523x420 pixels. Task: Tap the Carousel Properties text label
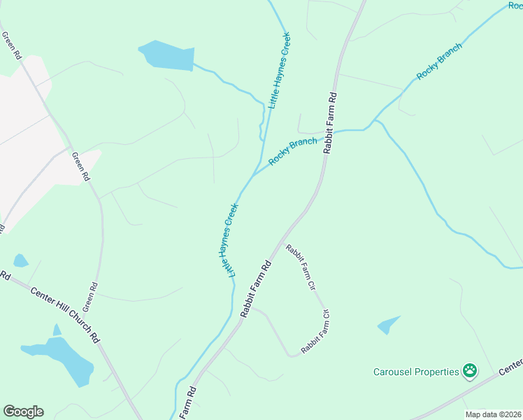click(416, 372)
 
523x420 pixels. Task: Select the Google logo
click(23, 412)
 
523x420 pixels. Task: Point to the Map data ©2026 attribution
click(493, 414)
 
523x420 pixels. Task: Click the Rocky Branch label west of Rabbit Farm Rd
click(292, 150)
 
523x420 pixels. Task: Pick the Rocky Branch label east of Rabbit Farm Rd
click(440, 62)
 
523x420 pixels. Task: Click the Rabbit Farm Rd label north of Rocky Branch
click(330, 122)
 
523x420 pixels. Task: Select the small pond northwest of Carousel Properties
click(389, 325)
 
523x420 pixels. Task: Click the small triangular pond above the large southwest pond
click(57, 330)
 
